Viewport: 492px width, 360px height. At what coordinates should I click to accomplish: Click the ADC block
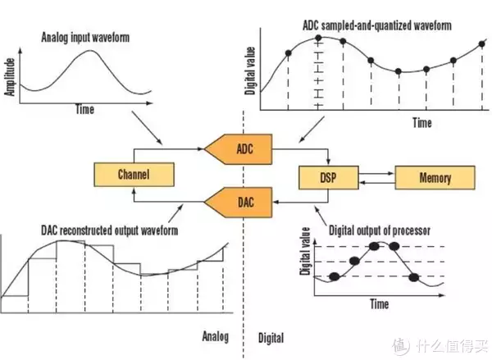coord(239,149)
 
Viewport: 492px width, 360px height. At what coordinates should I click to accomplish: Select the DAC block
coord(239,203)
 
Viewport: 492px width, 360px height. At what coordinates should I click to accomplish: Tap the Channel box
coord(134,175)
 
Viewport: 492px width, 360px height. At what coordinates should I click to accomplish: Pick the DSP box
coord(329,178)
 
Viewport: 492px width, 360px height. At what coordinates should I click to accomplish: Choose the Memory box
coord(435,178)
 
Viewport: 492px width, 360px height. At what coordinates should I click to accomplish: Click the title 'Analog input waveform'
coord(85,38)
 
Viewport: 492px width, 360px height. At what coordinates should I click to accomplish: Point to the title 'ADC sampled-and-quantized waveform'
coord(377,25)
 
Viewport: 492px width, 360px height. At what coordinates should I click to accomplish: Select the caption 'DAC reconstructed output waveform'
coord(110,230)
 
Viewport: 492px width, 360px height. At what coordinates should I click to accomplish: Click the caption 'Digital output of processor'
coord(380,230)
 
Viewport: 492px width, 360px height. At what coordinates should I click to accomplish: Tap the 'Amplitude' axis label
coord(10,77)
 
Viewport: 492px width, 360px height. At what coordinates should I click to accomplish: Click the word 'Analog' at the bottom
coord(215,336)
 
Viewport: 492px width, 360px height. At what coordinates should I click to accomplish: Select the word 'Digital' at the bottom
coord(271,338)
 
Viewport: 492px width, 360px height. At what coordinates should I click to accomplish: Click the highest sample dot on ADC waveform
coord(318,39)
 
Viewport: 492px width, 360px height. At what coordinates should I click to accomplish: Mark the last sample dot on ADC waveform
coord(482,44)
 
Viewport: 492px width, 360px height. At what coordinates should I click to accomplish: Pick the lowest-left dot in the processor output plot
coord(335,276)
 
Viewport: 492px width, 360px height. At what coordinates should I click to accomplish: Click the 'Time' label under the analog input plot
coord(84,110)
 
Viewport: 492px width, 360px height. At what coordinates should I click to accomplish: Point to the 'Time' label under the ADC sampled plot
coord(422,123)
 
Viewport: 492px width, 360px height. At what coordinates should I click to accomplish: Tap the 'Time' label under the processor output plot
coord(379,303)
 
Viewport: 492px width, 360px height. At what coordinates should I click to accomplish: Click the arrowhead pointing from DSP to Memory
coord(392,173)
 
